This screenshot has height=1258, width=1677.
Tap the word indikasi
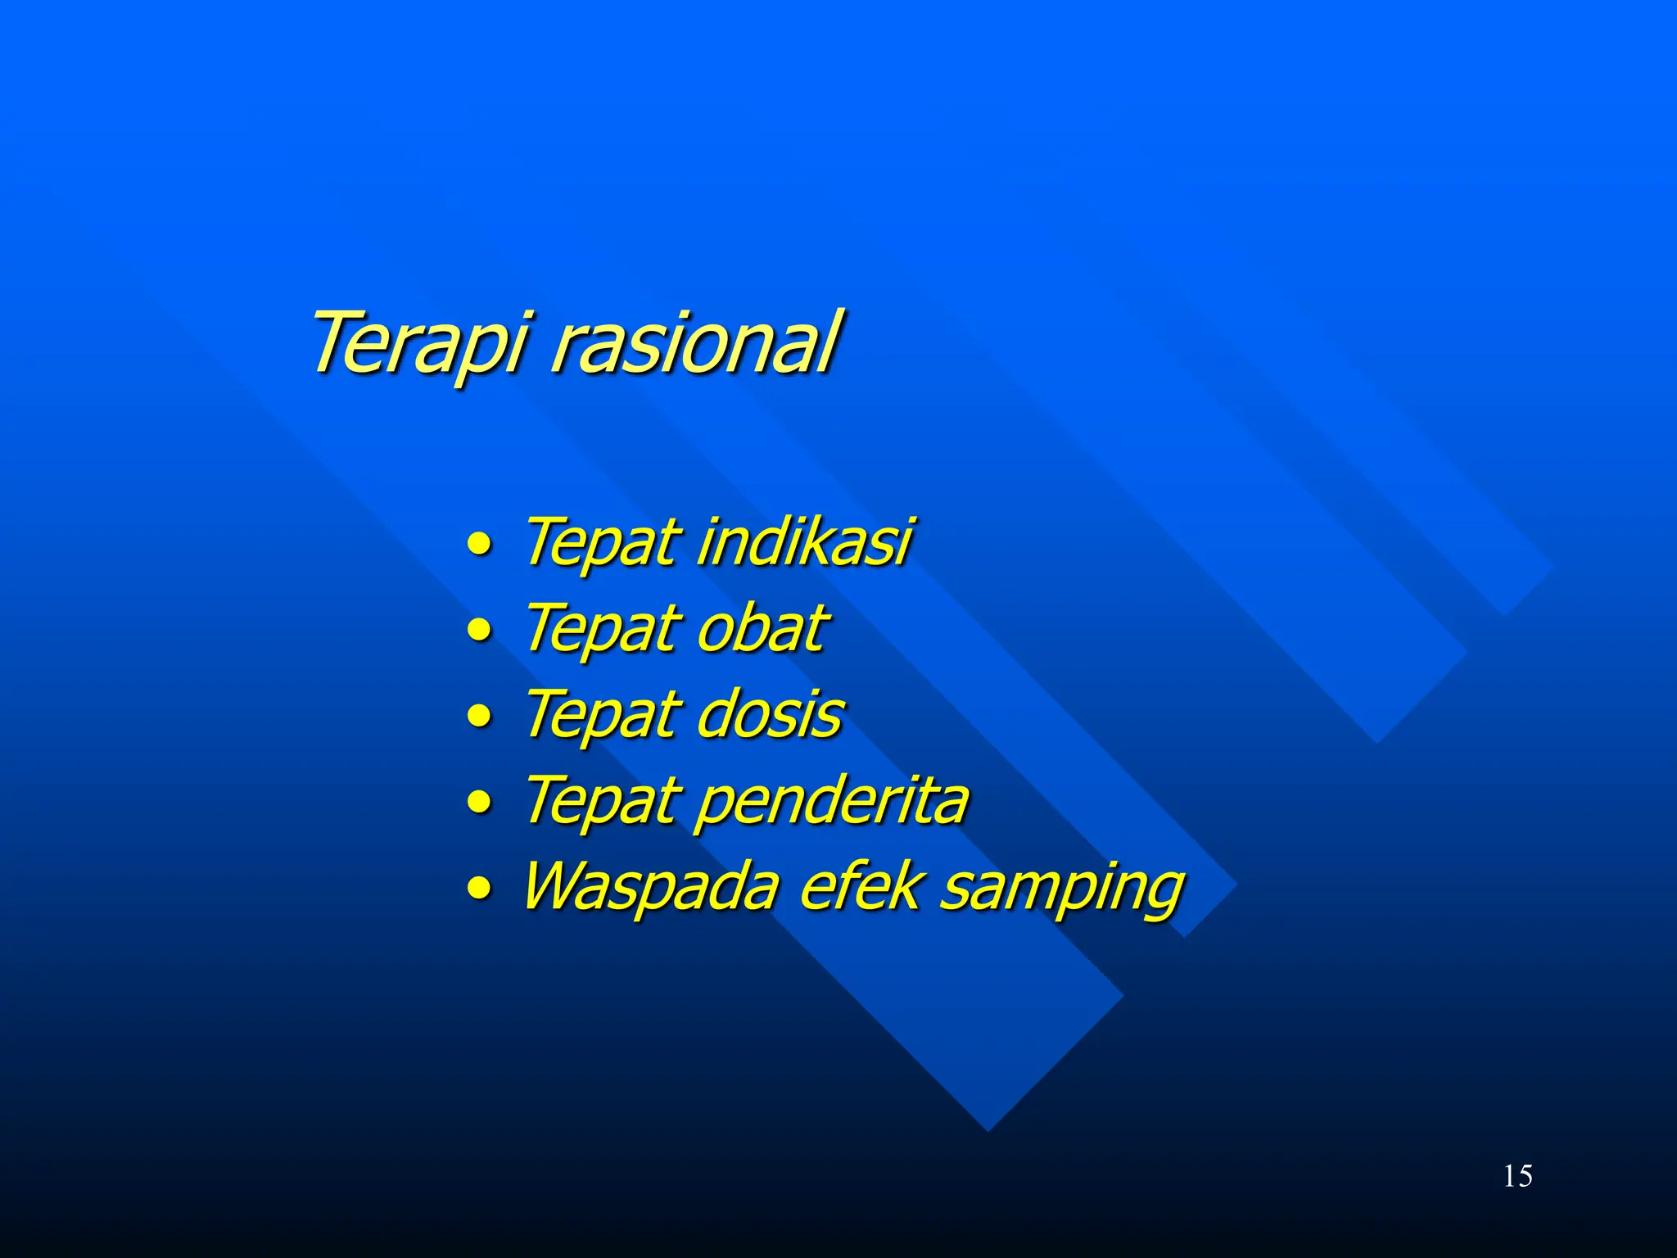(804, 542)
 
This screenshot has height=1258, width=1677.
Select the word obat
(762, 629)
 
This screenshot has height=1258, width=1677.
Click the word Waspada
(651, 887)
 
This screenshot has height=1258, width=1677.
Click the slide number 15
(1517, 1176)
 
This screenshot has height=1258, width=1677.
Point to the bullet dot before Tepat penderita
(480, 803)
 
